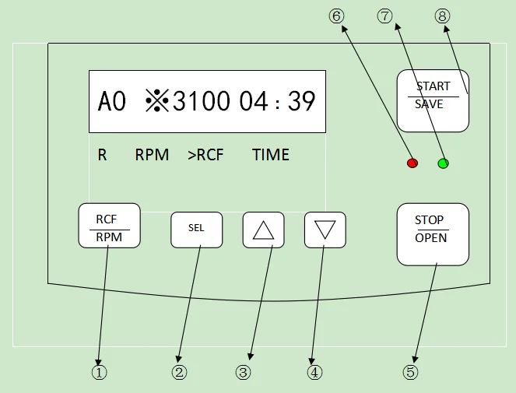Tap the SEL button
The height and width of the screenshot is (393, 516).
coord(197,229)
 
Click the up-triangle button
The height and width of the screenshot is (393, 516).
coord(264,230)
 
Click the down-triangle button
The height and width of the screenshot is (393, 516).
coord(325,230)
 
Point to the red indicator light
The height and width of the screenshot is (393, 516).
coord(412,163)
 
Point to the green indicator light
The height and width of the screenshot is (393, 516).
coord(444,163)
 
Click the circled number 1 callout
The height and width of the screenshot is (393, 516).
coord(99,372)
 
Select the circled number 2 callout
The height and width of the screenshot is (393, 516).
coord(180,372)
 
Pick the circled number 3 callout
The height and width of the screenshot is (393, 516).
coord(244,372)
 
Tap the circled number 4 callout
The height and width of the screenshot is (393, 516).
coord(314,372)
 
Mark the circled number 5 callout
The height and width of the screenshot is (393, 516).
coord(410,372)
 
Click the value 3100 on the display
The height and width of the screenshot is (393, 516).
coord(202,102)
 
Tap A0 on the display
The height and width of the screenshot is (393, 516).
coord(112,102)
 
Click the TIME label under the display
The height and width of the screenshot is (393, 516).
coord(271,155)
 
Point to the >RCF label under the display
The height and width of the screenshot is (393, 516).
coord(205,155)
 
